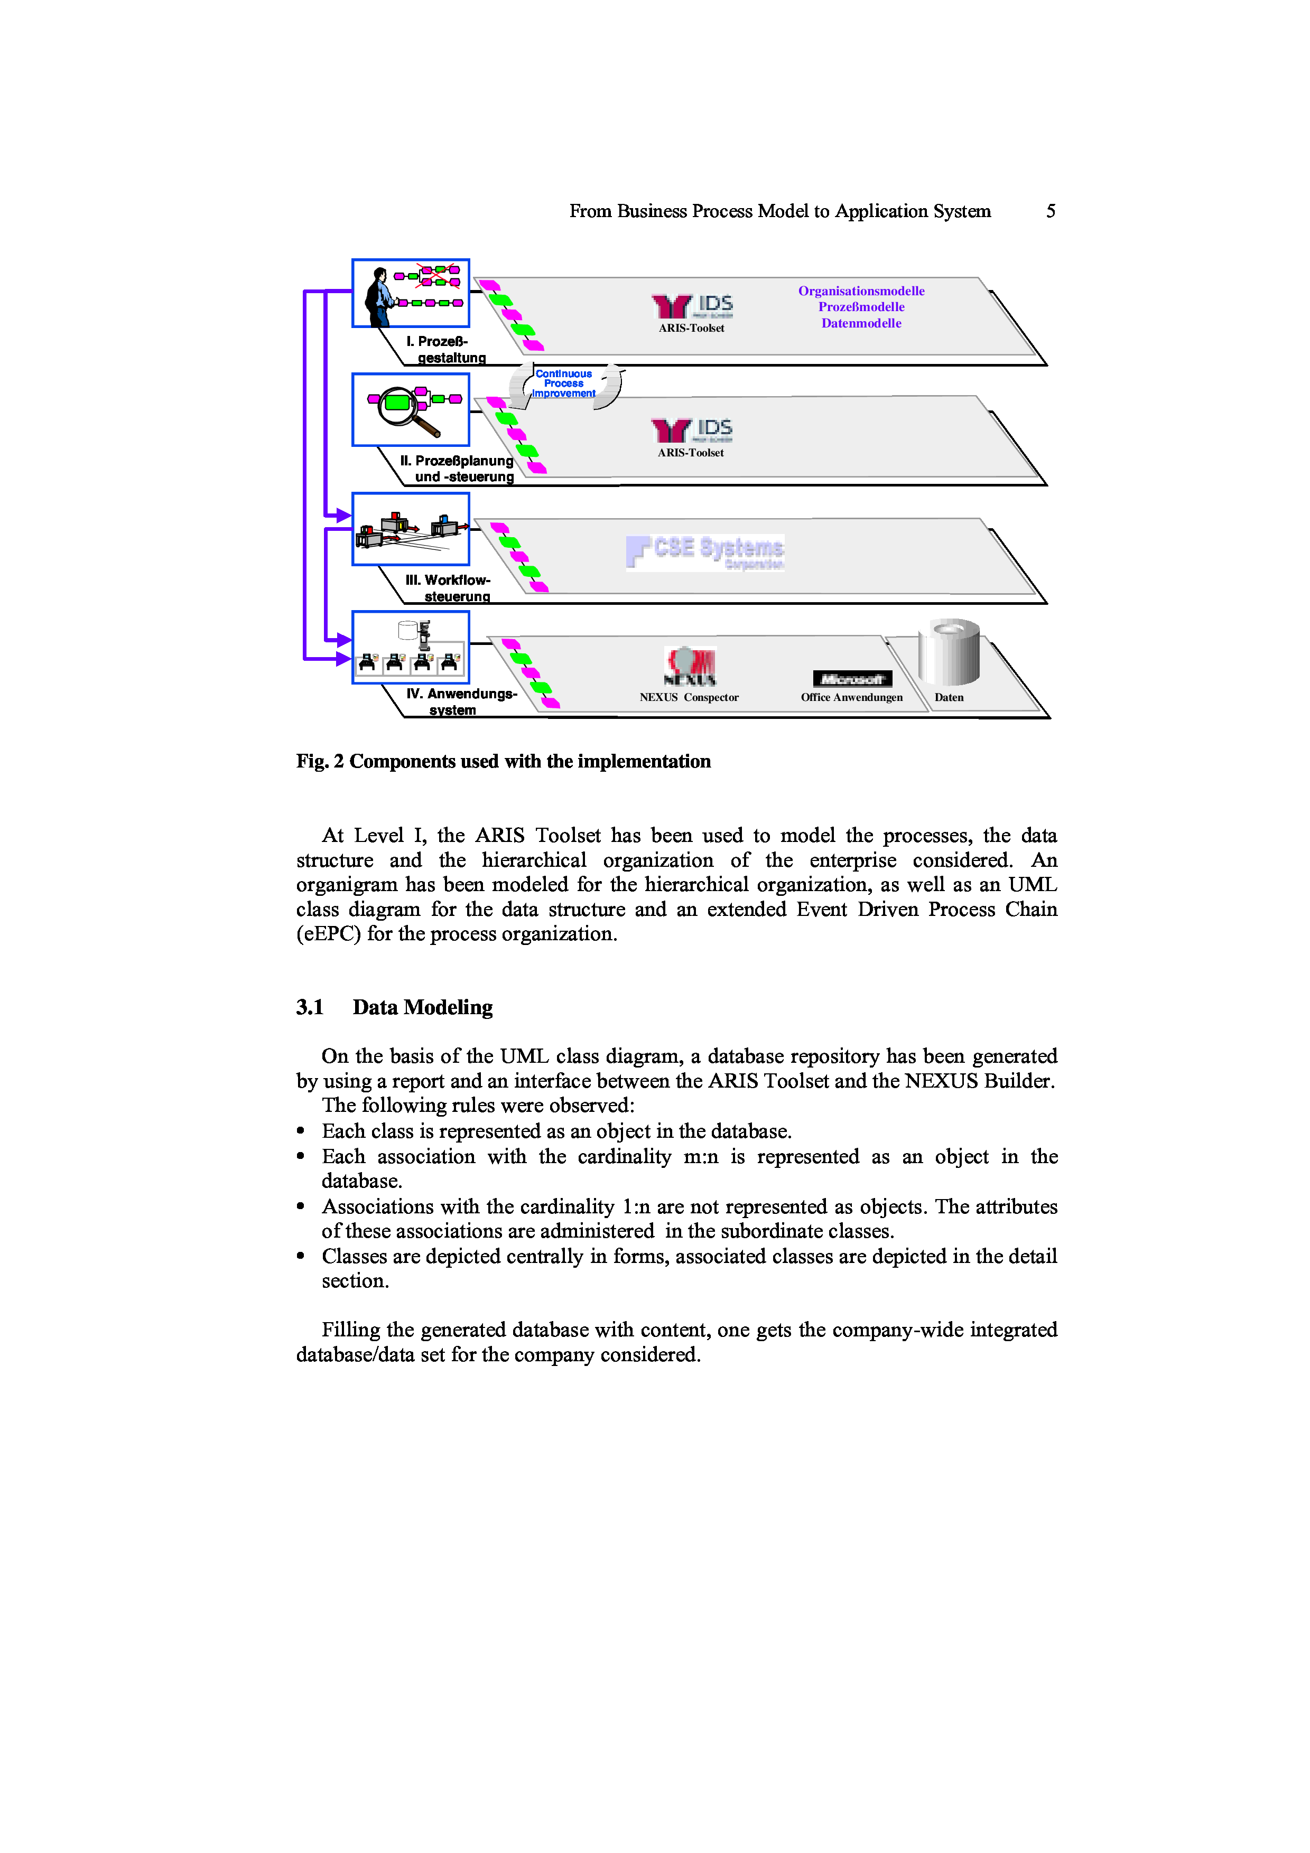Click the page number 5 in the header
(x=1050, y=211)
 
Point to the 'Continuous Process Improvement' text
(x=563, y=384)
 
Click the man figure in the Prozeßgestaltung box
(x=378, y=297)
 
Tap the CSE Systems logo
(x=704, y=552)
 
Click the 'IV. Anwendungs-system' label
(x=460, y=701)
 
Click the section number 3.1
(x=309, y=1007)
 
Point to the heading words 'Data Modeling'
(x=422, y=1007)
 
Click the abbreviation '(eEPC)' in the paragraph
(x=328, y=934)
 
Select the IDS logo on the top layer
(x=693, y=306)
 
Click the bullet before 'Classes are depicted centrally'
(x=300, y=1256)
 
